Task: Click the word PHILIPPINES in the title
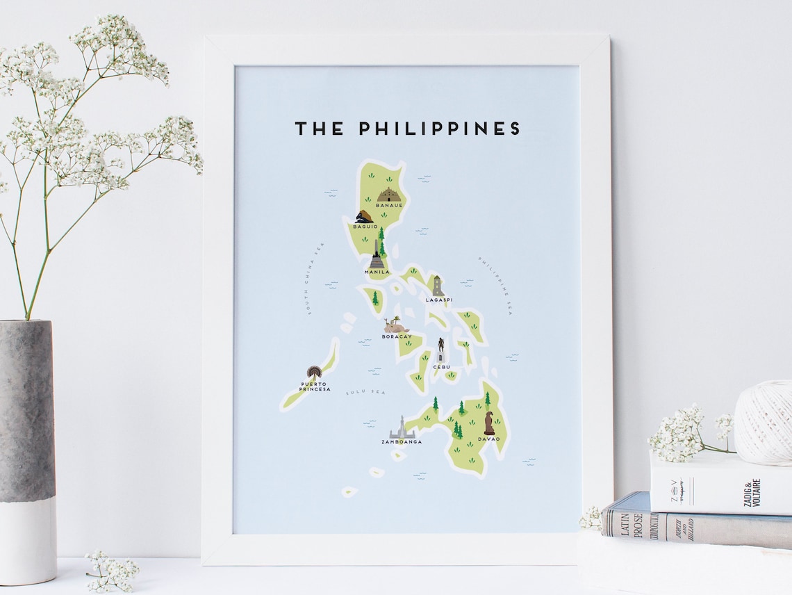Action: (439, 129)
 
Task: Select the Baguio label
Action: (365, 227)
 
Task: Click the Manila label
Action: (377, 272)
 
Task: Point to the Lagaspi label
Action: (438, 300)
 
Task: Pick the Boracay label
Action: (397, 336)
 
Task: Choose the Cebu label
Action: (441, 366)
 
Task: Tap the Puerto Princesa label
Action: (314, 386)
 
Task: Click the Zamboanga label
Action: (402, 441)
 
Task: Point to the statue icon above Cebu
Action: (440, 349)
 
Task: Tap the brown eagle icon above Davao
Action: (490, 422)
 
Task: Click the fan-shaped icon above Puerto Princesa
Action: (314, 373)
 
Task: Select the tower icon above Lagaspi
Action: (438, 286)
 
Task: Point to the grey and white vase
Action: (28, 452)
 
